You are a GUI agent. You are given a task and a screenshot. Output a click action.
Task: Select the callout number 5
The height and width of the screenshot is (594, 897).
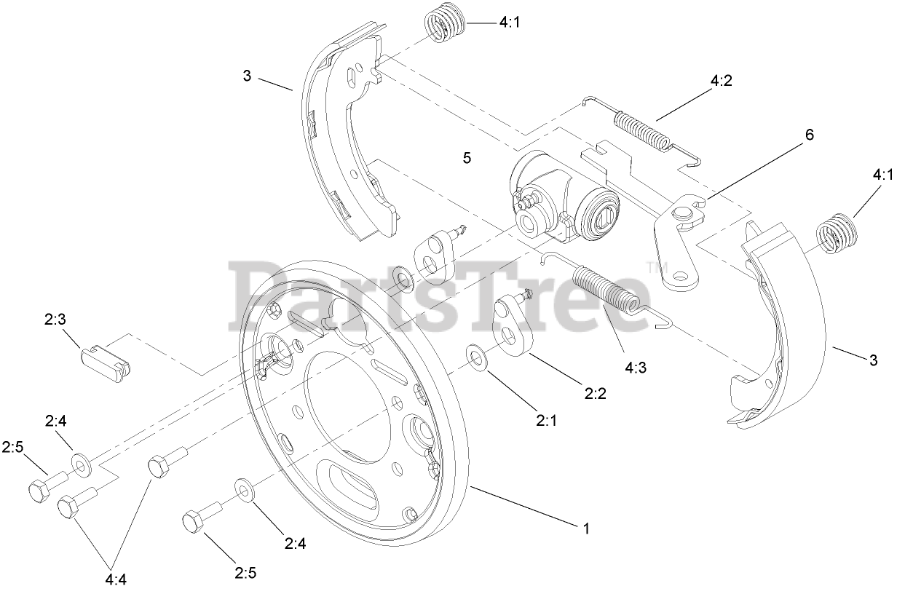[x=467, y=157]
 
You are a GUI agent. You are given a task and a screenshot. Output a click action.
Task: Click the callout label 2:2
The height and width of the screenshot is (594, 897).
[x=595, y=394]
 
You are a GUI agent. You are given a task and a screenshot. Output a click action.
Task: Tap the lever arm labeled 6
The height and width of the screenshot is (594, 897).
[x=677, y=240]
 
